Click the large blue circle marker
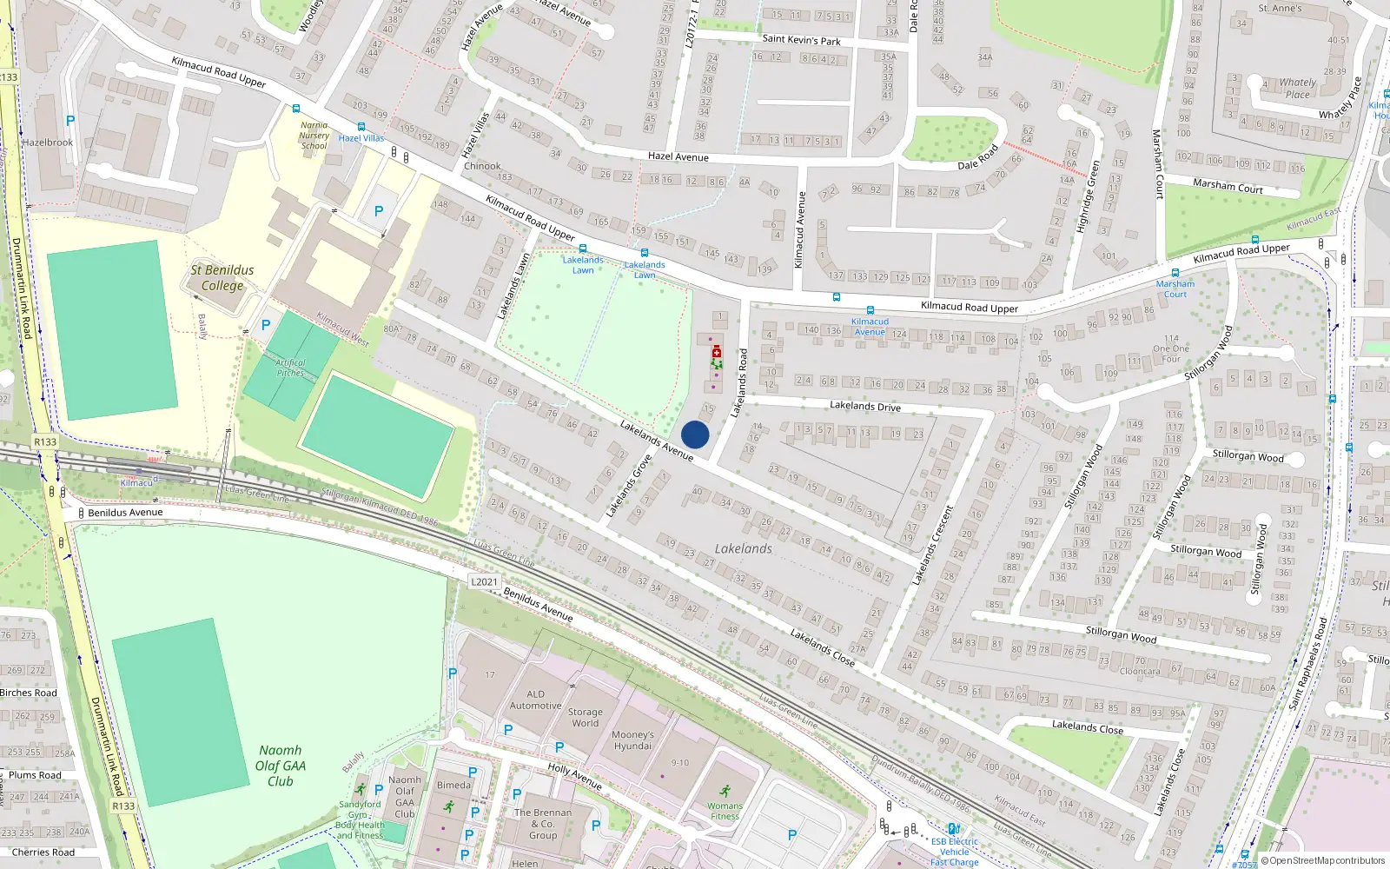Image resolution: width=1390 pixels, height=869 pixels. pyautogui.click(x=695, y=434)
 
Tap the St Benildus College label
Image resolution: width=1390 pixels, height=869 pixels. pyautogui.click(x=222, y=278)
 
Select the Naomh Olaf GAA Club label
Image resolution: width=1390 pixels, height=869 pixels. pyautogui.click(x=280, y=766)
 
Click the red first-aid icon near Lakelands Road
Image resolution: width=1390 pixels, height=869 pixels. pyautogui.click(x=717, y=352)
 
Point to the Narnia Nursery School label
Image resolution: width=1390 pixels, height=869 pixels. pyautogui.click(x=314, y=136)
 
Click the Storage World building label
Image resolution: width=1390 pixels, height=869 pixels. pyautogui.click(x=585, y=717)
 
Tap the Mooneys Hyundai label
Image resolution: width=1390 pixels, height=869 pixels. pyautogui.click(x=632, y=740)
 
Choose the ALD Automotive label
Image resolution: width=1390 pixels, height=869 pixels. pyautogui.click(x=535, y=700)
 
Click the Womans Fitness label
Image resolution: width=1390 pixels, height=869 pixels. pyautogui.click(x=725, y=811)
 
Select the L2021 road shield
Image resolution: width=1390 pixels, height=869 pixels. pyautogui.click(x=484, y=582)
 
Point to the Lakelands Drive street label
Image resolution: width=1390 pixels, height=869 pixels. pyautogui.click(x=864, y=406)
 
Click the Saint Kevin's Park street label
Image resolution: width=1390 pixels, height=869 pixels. pyautogui.click(x=801, y=39)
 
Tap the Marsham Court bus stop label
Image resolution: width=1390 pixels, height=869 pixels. pyautogui.click(x=1175, y=289)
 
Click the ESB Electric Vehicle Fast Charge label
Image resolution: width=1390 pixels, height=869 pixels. pyautogui.click(x=954, y=852)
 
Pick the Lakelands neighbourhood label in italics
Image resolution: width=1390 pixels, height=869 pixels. pyautogui.click(x=743, y=548)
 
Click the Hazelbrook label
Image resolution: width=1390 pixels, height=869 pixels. pyautogui.click(x=48, y=143)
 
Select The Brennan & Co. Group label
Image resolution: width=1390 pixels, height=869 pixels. pyautogui.click(x=543, y=824)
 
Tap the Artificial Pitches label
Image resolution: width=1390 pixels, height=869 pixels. pyautogui.click(x=290, y=368)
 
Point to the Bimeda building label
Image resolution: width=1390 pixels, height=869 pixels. pyautogui.click(x=453, y=785)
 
